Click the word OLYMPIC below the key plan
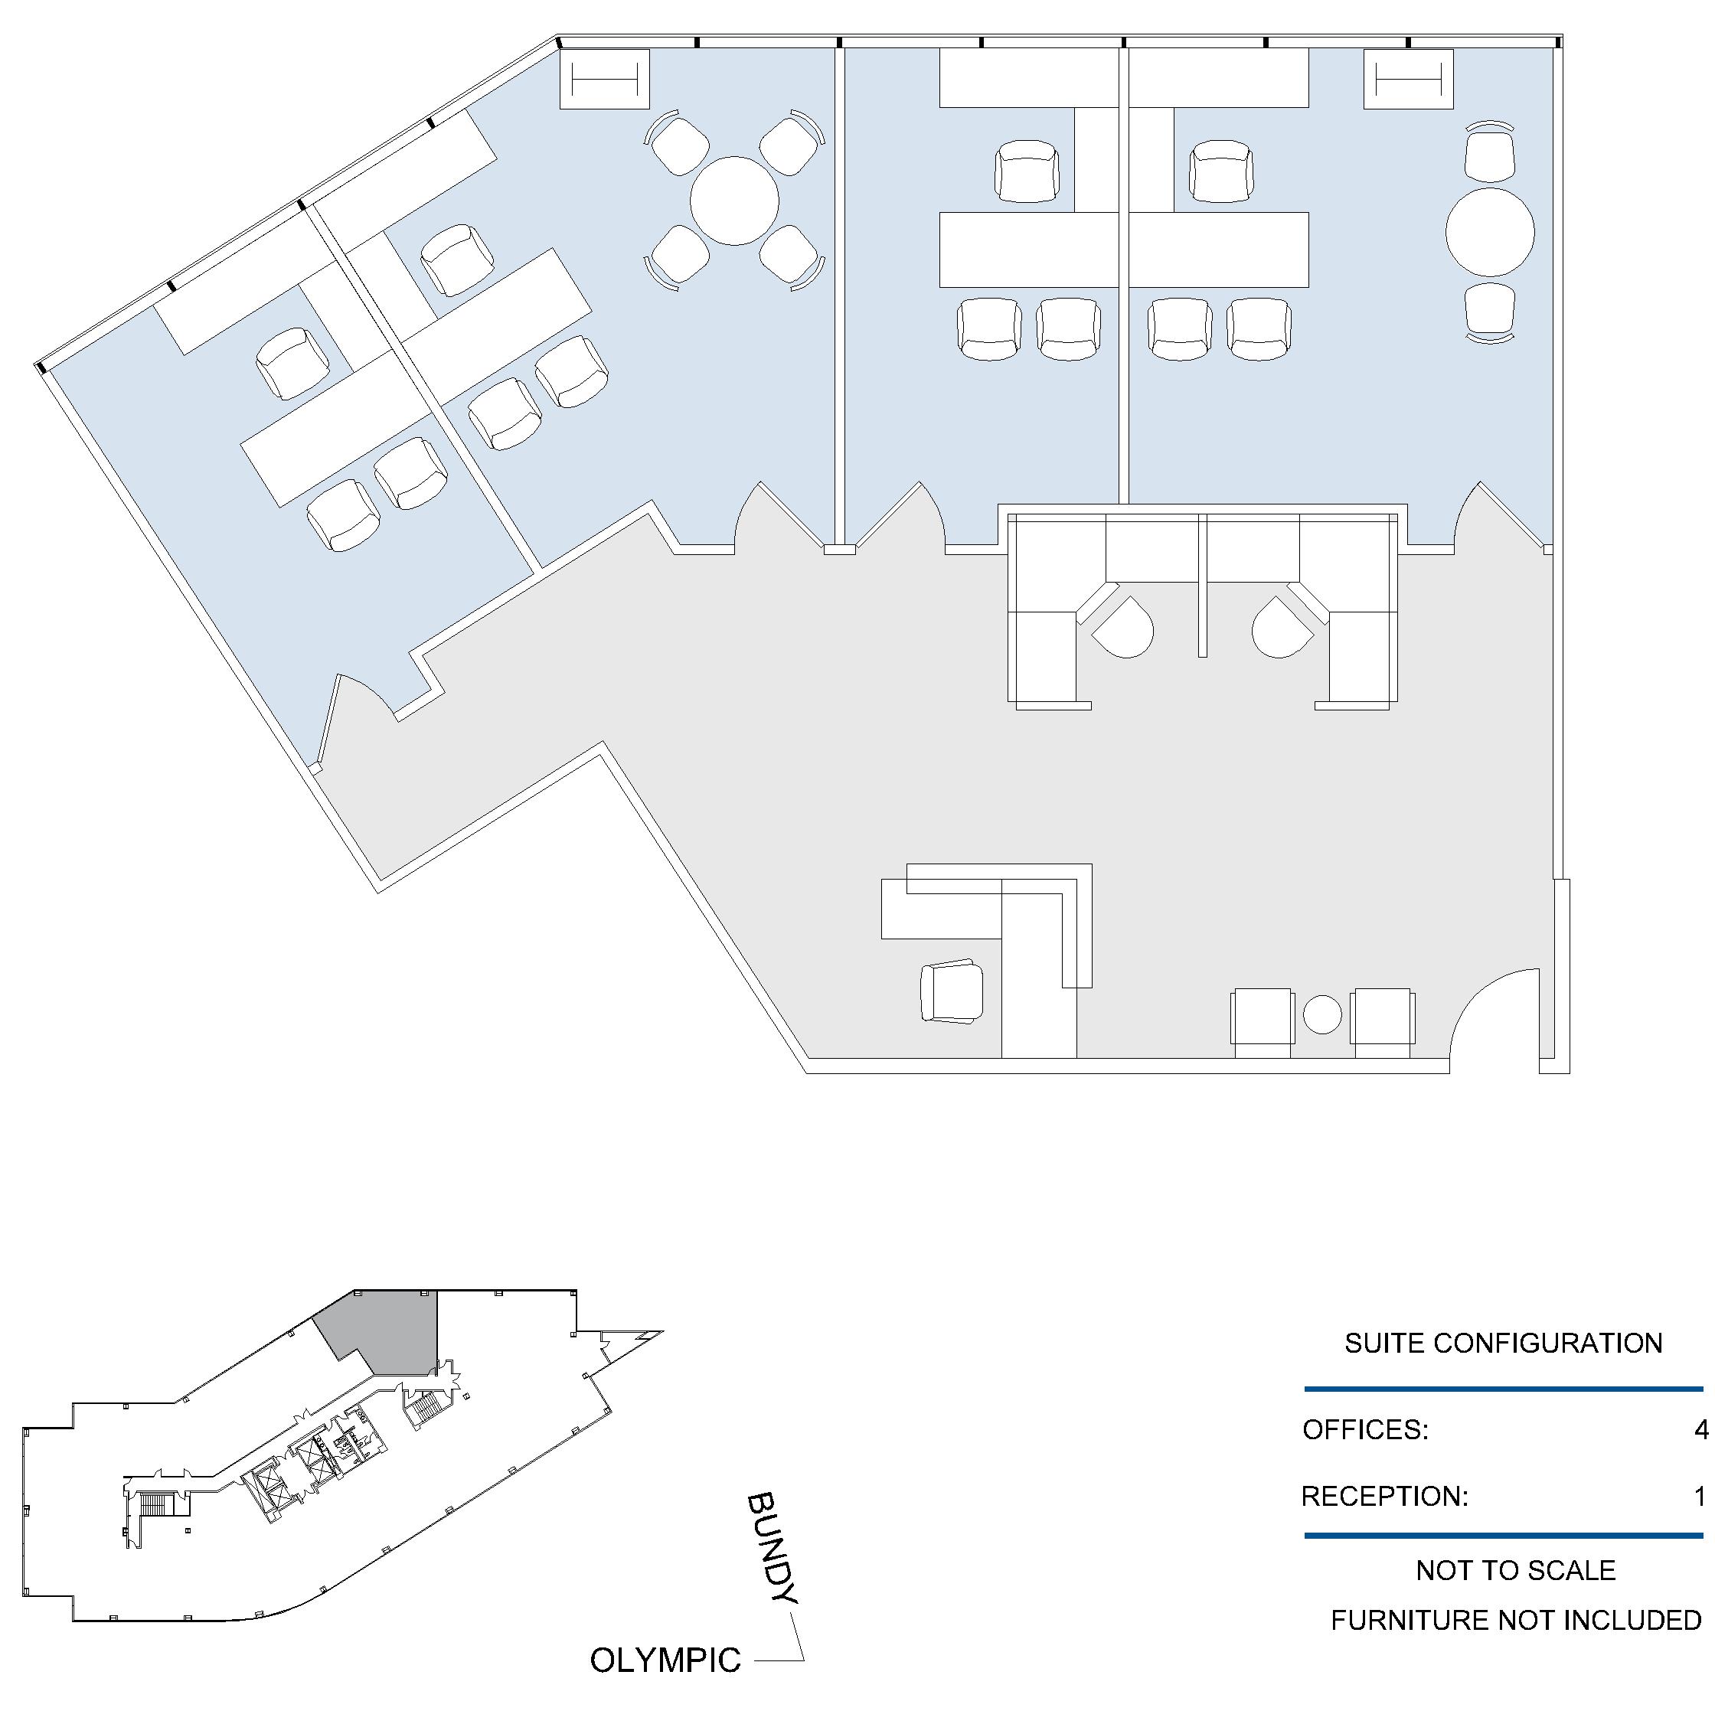(665, 1660)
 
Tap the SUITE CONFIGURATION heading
(1504, 1344)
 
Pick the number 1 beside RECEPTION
(1700, 1497)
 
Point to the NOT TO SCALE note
(1516, 1571)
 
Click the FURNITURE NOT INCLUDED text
(1516, 1621)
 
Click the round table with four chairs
(734, 201)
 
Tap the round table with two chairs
(1490, 232)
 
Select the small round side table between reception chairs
(1322, 1014)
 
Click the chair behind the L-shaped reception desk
(952, 991)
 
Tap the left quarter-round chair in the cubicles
(1124, 626)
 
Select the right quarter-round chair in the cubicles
(1282, 626)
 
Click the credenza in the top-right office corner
(1409, 80)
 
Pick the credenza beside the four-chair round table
(604, 80)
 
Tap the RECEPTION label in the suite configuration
(1385, 1497)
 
